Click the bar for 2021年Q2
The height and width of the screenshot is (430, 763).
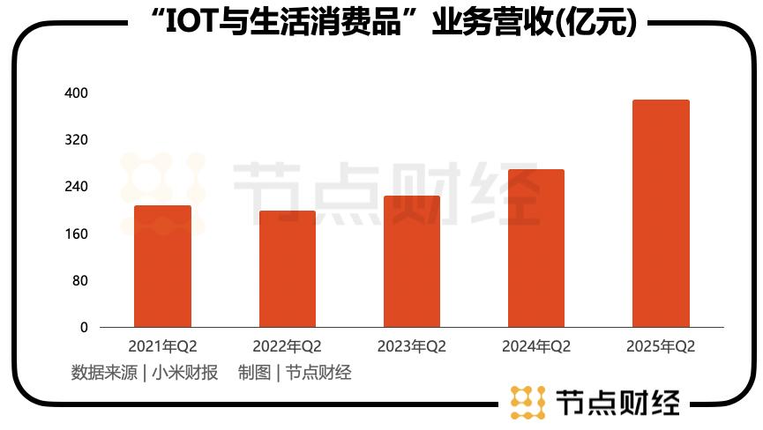pyautogui.click(x=162, y=266)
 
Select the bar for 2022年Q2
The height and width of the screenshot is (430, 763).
pyautogui.click(x=287, y=269)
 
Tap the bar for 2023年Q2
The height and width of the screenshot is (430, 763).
pyautogui.click(x=412, y=262)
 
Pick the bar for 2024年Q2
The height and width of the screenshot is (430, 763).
pyautogui.click(x=536, y=248)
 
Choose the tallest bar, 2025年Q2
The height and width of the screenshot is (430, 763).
pyautogui.click(x=661, y=213)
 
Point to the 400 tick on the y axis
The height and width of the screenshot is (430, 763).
pyautogui.click(x=77, y=93)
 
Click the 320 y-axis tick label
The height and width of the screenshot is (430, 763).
pyautogui.click(x=77, y=140)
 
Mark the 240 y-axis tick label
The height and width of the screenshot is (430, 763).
pyautogui.click(x=77, y=187)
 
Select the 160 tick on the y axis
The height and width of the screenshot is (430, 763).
pyautogui.click(x=77, y=234)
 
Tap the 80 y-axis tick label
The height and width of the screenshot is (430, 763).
pyautogui.click(x=79, y=280)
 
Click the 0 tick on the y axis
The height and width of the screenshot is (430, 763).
pyautogui.click(x=84, y=327)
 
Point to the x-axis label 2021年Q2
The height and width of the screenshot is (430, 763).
pyautogui.click(x=162, y=346)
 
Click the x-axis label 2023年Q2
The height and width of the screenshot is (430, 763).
pyautogui.click(x=412, y=346)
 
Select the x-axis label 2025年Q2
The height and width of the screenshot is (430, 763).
pyautogui.click(x=661, y=346)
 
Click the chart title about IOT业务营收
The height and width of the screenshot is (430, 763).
pyautogui.click(x=388, y=22)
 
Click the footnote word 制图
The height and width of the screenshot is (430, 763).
pyautogui.click(x=252, y=373)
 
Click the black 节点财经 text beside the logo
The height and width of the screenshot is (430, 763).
pyautogui.click(x=618, y=403)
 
